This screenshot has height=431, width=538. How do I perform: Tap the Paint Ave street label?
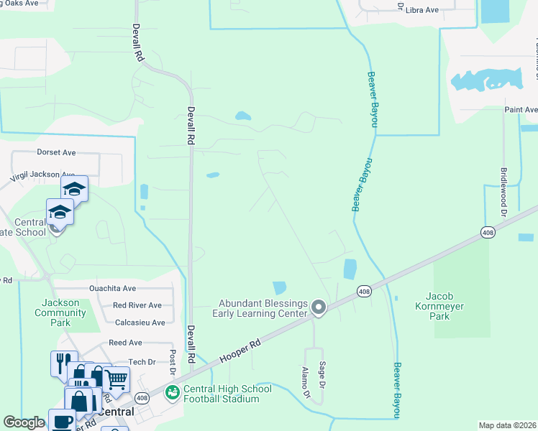click(520, 109)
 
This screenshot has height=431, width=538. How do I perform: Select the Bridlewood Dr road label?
click(503, 194)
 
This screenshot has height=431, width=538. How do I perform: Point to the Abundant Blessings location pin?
click(319, 308)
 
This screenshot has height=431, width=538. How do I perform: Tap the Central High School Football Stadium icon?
click(172, 393)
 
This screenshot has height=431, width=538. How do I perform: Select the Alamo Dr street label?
click(306, 382)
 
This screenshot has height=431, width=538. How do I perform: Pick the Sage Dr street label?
click(323, 375)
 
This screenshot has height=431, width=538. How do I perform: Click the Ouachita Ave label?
click(112, 288)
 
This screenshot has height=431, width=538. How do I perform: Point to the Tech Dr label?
click(142, 362)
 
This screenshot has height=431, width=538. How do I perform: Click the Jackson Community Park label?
click(60, 312)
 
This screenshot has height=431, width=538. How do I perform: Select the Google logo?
click(24, 423)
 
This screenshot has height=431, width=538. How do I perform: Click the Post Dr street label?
click(173, 363)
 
